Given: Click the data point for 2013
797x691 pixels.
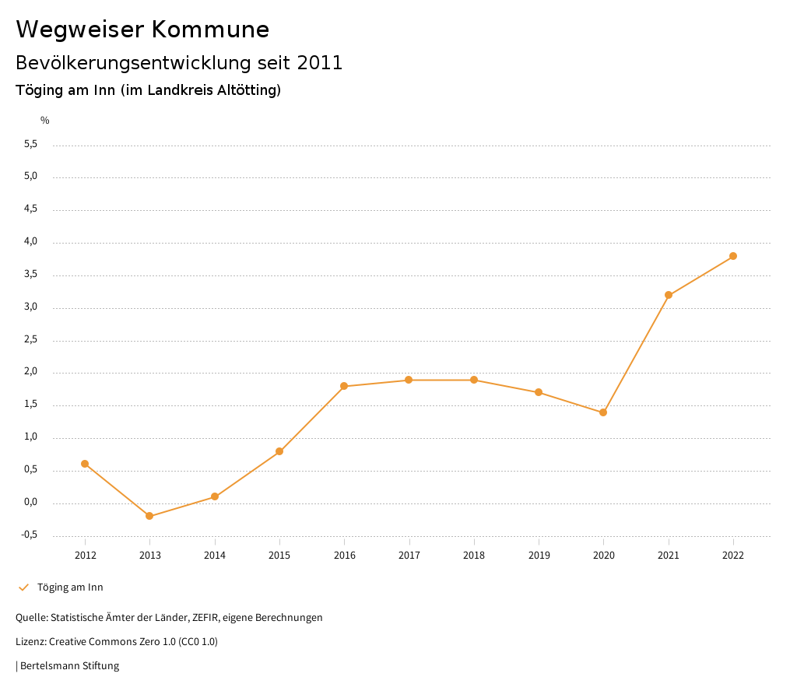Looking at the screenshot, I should tap(149, 516).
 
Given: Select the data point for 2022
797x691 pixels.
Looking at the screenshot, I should tap(733, 256).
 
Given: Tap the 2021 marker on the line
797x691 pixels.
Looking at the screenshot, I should tap(669, 295).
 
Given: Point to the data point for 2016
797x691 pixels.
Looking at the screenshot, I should tap(344, 386).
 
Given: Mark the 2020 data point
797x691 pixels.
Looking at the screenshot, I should tap(603, 412).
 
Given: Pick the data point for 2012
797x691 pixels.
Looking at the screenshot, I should tap(85, 464).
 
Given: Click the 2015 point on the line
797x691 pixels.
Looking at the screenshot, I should tap(279, 451).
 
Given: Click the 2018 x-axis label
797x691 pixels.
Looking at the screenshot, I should tap(474, 556).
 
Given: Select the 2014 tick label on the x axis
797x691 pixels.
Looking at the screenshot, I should tap(215, 556).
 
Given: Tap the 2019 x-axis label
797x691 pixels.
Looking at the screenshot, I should tap(539, 556).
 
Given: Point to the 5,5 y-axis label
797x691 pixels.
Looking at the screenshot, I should tap(31, 145).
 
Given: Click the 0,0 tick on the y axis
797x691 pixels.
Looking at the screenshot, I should tap(31, 503).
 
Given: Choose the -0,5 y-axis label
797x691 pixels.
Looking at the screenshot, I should tap(30, 535).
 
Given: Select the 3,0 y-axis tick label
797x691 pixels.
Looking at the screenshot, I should tap(31, 307).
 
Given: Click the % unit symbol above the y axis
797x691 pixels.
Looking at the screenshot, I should tap(45, 121).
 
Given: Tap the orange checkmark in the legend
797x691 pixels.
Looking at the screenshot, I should tap(23, 588).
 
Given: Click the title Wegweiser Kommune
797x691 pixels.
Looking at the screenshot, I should tap(142, 30).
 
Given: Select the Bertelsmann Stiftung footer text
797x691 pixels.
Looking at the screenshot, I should tap(69, 666).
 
